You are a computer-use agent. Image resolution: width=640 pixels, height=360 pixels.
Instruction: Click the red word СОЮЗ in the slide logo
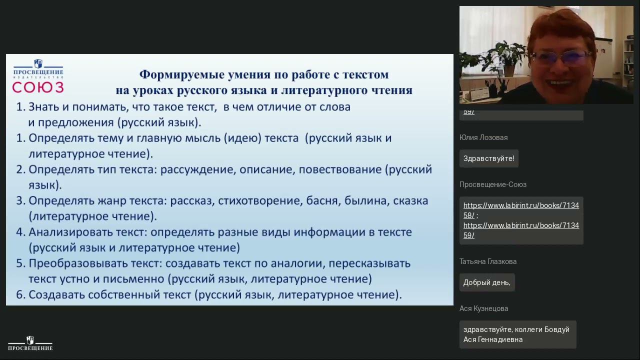click(38, 87)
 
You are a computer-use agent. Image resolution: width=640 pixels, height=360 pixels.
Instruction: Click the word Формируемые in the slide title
click(171, 74)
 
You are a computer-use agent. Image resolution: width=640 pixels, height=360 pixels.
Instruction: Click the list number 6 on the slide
click(20, 295)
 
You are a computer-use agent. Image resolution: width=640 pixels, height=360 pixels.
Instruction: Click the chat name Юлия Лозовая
click(483, 137)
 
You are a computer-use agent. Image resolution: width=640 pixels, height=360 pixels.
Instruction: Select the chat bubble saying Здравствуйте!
click(488, 158)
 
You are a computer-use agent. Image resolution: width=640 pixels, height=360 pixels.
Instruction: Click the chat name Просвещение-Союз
click(492, 184)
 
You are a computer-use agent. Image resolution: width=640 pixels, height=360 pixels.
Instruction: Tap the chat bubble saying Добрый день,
click(486, 282)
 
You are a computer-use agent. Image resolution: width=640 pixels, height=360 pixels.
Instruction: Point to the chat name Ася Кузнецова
click(483, 308)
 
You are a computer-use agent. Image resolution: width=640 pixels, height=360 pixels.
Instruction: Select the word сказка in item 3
click(410, 201)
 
